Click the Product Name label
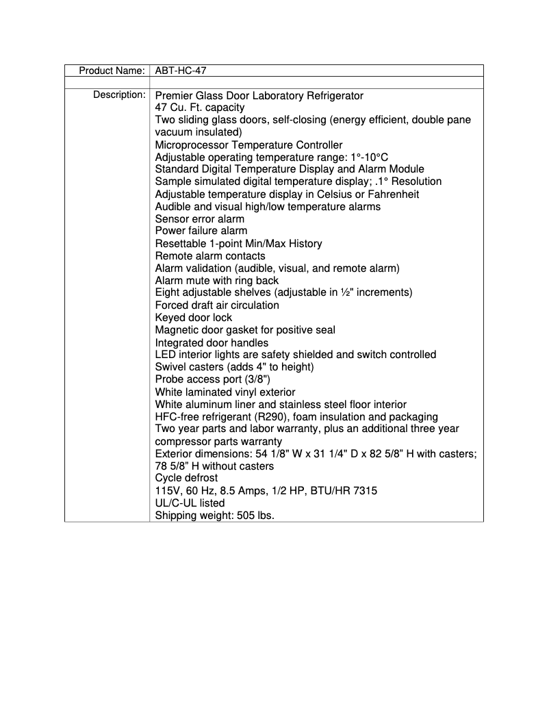pos(112,71)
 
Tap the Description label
pos(119,95)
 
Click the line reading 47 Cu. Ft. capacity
pos(199,107)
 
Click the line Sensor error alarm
pos(199,219)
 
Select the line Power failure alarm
pos(201,231)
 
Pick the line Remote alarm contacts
pos(210,256)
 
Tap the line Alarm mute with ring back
pos(217,281)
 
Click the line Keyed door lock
pos(194,318)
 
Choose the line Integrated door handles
pos(212,343)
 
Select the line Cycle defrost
pos(186,479)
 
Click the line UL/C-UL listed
pos(190,503)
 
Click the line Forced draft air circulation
pos(217,305)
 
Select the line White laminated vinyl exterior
pos(225,392)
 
